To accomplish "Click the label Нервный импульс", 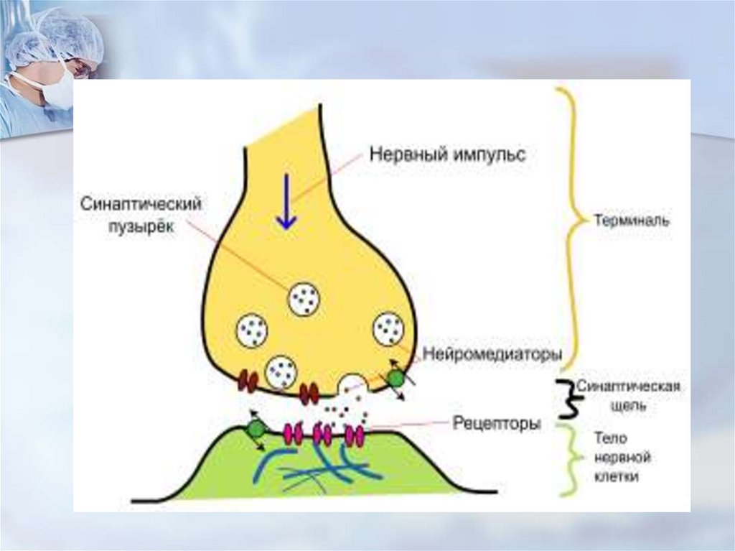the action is point(448,154).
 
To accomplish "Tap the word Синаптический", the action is point(140,205).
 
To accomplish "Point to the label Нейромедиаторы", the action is point(492,354).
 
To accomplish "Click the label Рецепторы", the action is point(497,425).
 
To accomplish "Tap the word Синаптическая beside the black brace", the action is point(629,386).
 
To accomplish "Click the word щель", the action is point(616,406).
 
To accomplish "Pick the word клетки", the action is point(616,477).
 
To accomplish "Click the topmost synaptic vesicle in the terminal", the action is point(304,298).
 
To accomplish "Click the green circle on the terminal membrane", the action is point(395,379).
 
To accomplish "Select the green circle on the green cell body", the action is point(256,430).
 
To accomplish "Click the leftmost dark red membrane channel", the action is point(248,380).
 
